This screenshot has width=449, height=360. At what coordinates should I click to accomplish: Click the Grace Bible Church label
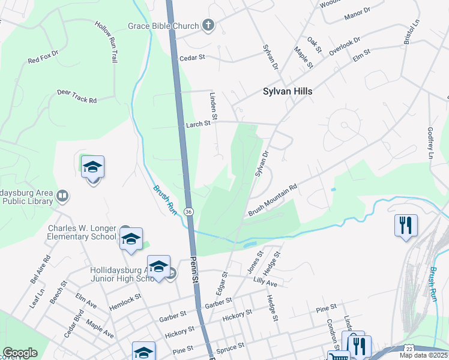click(x=162, y=26)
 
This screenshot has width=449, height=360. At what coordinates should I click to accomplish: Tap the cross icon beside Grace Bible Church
click(x=208, y=26)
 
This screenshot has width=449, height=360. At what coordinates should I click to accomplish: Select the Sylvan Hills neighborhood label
click(x=288, y=92)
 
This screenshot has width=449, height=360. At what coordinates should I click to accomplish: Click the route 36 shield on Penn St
click(x=188, y=212)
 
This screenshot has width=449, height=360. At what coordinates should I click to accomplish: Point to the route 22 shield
click(x=409, y=349)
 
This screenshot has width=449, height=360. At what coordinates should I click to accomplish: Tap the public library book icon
click(x=62, y=196)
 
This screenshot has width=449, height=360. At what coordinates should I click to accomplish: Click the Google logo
click(x=20, y=353)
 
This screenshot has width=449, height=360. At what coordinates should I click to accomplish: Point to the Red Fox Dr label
click(x=42, y=61)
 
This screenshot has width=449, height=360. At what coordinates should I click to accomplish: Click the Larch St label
click(x=197, y=124)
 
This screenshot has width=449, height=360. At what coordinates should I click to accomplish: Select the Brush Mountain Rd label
click(x=273, y=201)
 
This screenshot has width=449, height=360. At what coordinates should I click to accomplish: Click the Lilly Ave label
click(x=265, y=282)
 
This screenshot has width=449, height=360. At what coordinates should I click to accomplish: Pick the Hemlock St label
click(x=125, y=301)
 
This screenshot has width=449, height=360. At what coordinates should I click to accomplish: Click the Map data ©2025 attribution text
click(x=423, y=355)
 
